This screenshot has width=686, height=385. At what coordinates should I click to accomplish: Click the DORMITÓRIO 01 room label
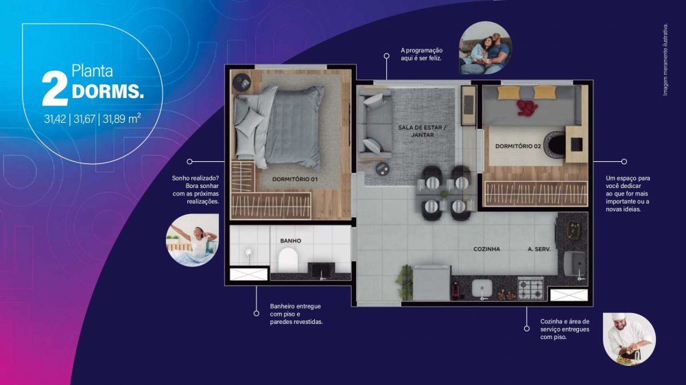coord(294,179)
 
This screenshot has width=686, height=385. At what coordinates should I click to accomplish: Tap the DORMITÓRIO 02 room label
coord(518,146)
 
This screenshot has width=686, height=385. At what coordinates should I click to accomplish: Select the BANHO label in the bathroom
coord(290,241)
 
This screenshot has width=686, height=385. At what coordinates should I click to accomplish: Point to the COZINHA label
coord(486,249)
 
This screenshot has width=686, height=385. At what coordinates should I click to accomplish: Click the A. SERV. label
coord(539,249)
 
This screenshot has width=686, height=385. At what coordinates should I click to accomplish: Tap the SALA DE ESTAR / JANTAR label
coord(422,131)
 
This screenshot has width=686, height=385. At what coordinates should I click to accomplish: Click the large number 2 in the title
coord(55,89)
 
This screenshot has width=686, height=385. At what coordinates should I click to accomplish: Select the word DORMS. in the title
coord(108,91)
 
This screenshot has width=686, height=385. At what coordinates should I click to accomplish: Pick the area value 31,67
coord(84,119)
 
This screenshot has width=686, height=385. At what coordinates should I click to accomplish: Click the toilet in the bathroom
coord(287,259)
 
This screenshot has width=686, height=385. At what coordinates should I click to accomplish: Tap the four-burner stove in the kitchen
coord(530,288)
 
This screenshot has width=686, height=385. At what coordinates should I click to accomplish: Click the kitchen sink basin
coord(482,289)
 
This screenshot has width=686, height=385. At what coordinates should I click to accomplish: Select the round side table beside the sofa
coord(382,169)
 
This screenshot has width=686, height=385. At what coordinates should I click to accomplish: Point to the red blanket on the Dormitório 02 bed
coord(527,108)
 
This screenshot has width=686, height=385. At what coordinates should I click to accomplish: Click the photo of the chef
coord(629,338)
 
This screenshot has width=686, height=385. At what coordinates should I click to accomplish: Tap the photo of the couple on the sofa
coord(485,47)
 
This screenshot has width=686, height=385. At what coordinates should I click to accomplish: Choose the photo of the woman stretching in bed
coord(193,240)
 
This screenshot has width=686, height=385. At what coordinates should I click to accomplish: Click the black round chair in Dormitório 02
coord(555,145)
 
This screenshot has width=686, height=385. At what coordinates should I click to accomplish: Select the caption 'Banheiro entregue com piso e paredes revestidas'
coord(296,314)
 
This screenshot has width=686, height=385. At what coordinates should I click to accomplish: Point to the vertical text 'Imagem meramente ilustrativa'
coord(665,60)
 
